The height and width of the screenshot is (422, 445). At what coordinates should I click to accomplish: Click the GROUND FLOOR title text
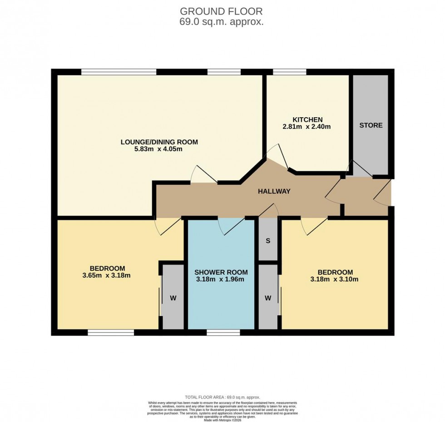(222, 11)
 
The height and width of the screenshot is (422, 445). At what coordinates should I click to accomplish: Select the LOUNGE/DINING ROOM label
(159, 142)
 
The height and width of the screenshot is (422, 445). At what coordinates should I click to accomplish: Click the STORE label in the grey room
(371, 125)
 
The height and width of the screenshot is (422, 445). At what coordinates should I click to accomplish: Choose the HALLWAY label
(274, 192)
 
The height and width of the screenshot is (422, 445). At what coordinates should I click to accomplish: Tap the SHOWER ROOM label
(221, 272)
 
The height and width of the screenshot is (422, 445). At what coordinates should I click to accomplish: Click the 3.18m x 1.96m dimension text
(221, 279)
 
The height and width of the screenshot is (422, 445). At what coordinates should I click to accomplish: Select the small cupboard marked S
(268, 241)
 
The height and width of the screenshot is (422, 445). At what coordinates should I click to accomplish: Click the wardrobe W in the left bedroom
(173, 298)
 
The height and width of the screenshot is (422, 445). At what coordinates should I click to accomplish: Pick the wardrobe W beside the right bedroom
(268, 298)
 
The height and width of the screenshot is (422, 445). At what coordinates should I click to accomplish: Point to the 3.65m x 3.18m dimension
(107, 275)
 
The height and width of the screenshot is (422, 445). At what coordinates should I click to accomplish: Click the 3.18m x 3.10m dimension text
(334, 279)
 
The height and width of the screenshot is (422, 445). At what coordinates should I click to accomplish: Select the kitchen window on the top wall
(289, 72)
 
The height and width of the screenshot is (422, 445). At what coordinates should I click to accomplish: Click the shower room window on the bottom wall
(223, 333)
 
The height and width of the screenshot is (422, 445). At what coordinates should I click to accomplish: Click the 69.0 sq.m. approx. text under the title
(222, 22)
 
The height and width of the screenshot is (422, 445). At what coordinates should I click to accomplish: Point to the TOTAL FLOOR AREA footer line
(222, 397)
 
